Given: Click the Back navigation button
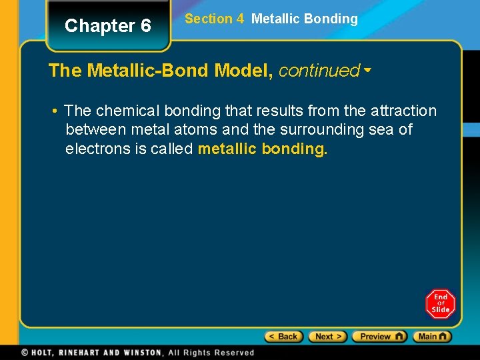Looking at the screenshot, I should (x=284, y=337).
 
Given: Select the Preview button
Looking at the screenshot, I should (x=379, y=337).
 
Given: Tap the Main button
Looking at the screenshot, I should (x=432, y=337).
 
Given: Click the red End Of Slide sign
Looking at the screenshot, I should (x=441, y=304).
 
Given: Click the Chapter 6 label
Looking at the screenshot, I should (x=108, y=26).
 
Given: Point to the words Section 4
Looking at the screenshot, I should (x=214, y=19).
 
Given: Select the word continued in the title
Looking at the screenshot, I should (x=319, y=71).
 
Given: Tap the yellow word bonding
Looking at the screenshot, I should (x=294, y=148).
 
